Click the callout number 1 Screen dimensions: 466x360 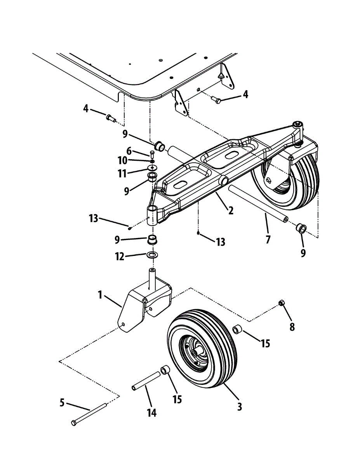(x=100, y=295)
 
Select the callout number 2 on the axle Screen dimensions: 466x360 (x=231, y=211)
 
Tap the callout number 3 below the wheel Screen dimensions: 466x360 (x=240, y=407)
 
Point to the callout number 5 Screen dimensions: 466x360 (x=62, y=403)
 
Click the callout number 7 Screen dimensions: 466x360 (x=268, y=240)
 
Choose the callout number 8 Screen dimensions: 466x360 (x=292, y=327)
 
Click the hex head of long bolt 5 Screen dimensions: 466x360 (x=74, y=423)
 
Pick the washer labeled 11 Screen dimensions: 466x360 (x=153, y=168)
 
